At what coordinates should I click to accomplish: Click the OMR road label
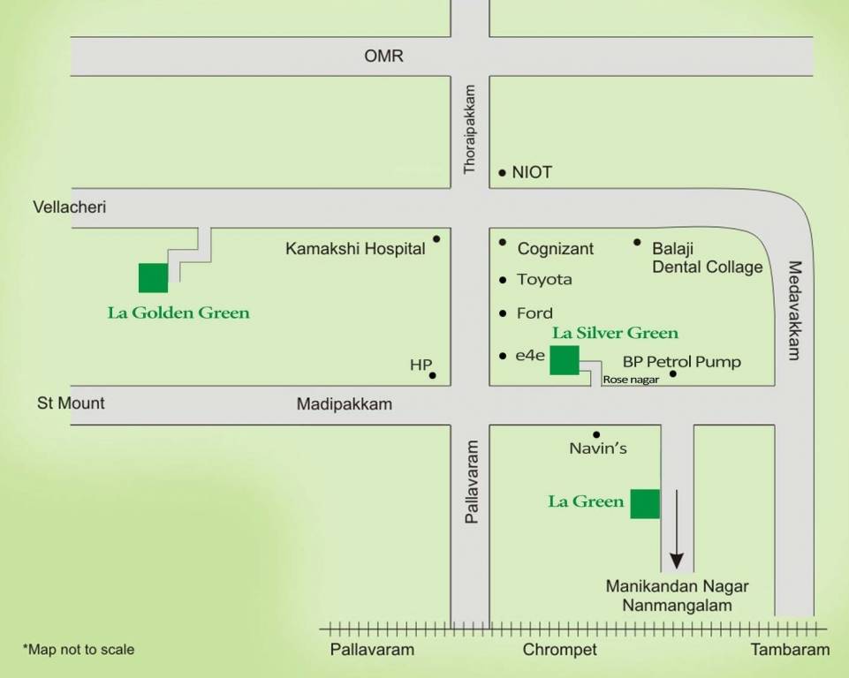[x=383, y=56]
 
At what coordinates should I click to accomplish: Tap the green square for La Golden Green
[x=153, y=277]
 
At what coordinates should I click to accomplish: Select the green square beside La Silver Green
[x=565, y=360]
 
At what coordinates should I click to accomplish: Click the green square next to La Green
[x=645, y=503]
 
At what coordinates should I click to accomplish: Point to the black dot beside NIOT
[x=503, y=173]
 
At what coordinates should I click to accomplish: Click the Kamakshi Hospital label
[x=355, y=249]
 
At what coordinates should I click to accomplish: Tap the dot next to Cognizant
[x=503, y=242]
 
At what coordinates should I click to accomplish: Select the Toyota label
[x=544, y=280]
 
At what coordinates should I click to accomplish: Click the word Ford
[x=534, y=313]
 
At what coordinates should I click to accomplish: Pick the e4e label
[x=530, y=356]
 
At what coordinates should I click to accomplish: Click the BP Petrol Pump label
[x=681, y=362]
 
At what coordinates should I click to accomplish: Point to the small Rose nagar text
[x=631, y=380]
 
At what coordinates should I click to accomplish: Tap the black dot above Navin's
[x=597, y=434]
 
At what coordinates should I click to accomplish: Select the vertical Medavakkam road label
[x=793, y=311]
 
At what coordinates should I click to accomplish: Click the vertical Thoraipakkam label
[x=470, y=129]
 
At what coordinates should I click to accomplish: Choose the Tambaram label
[x=791, y=650]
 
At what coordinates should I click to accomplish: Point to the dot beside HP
[x=433, y=375]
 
